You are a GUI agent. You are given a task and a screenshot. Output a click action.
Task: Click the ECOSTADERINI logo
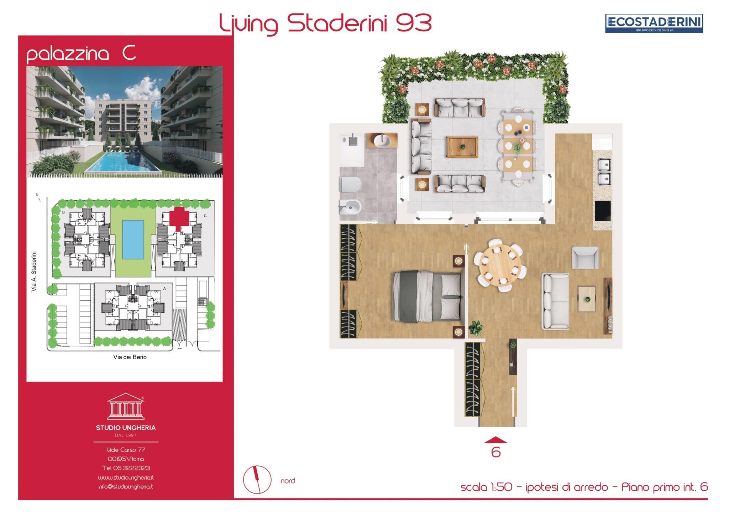[654, 24]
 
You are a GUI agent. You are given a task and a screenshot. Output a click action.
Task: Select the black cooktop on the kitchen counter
[603, 211]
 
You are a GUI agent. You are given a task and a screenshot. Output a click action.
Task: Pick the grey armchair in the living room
[585, 257]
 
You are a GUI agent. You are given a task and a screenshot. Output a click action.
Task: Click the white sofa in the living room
[555, 301]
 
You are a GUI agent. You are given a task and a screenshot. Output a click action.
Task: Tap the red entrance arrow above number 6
[495, 440]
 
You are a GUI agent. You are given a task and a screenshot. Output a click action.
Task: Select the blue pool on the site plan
[133, 239]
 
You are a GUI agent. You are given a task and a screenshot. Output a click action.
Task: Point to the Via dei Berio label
[130, 357]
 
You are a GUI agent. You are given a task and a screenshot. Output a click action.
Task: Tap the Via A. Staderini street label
[34, 272]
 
